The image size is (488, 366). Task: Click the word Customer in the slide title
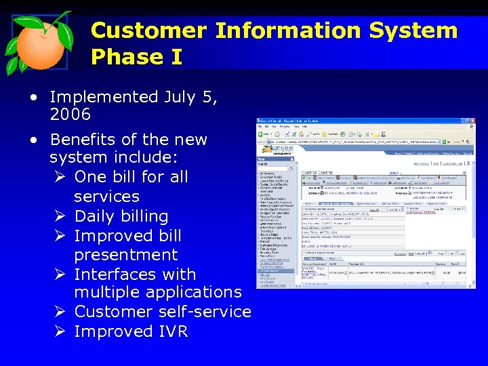148,30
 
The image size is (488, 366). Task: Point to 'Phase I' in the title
136,57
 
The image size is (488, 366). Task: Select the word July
180,98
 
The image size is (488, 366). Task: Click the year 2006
70,115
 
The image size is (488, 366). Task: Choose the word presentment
125,255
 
